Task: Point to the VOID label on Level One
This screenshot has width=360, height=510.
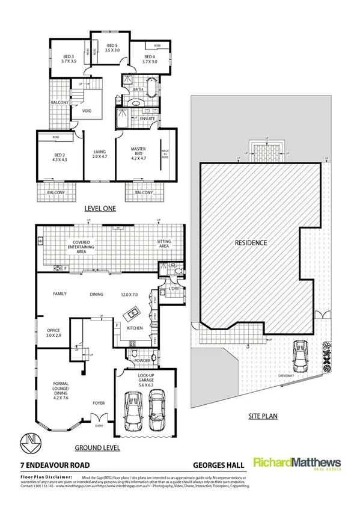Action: point(87,111)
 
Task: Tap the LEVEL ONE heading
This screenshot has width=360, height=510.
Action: point(100,209)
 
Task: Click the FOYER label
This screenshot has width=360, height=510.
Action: point(99,404)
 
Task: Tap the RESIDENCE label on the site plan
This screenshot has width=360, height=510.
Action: point(251,243)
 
